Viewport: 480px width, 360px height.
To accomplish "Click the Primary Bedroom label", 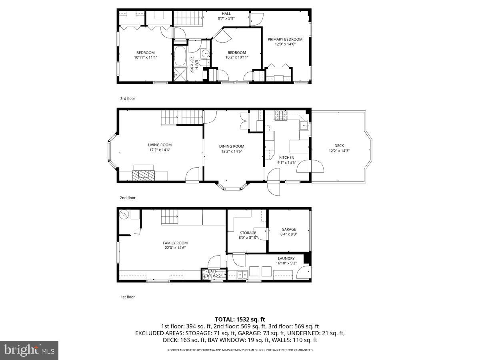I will click(285, 39).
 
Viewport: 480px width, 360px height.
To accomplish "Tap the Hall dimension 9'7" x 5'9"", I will click(226, 18).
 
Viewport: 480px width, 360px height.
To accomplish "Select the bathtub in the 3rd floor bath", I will click(180, 56).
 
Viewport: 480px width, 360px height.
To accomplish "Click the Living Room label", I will click(160, 145).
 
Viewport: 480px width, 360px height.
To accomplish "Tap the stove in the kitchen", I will click(281, 115).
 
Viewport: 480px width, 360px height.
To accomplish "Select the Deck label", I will click(339, 146).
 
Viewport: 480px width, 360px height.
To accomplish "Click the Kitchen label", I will click(286, 158).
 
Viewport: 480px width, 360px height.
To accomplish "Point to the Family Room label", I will click(175, 243).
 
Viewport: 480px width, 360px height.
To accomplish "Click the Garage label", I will click(288, 229).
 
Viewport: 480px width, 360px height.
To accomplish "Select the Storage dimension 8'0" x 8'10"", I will click(248, 238).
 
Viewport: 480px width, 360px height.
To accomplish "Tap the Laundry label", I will click(286, 258).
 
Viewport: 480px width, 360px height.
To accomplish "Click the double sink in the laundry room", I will click(242, 274).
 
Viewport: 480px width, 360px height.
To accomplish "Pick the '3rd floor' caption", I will click(128, 98).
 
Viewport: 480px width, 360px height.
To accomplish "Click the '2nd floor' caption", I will click(128, 198).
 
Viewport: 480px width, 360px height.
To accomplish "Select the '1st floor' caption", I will click(128, 297).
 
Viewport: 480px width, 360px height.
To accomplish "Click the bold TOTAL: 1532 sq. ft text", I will click(240, 319).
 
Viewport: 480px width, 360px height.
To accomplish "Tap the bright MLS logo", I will click(29, 350).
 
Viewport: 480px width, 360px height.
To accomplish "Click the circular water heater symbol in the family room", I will click(124, 214).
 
